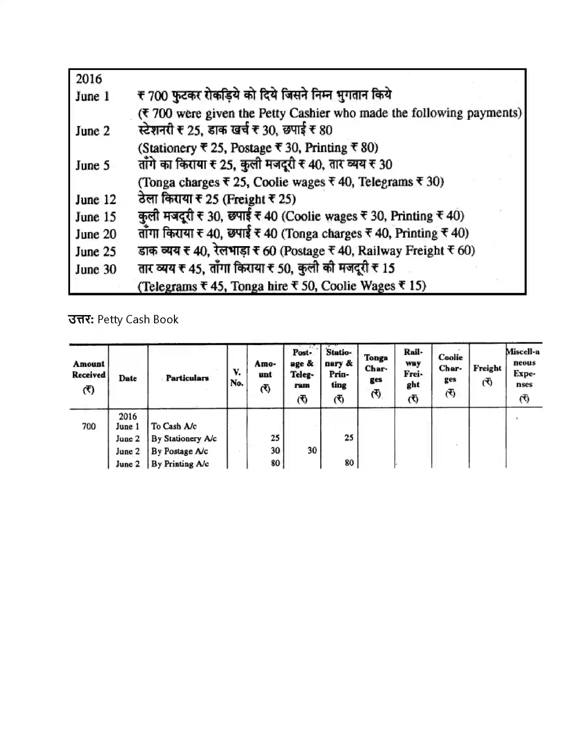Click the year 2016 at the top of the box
(89, 79)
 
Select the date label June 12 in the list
(96, 200)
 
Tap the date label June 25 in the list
(96, 252)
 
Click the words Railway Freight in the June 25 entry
(401, 251)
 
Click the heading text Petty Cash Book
(138, 320)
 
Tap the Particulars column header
(187, 378)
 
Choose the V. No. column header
(237, 378)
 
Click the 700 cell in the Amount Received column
(89, 426)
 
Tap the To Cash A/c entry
(174, 426)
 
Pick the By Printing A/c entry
(180, 464)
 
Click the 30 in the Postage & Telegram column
(312, 451)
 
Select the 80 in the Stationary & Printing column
(349, 463)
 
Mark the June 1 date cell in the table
(128, 426)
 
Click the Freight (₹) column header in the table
(487, 375)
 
